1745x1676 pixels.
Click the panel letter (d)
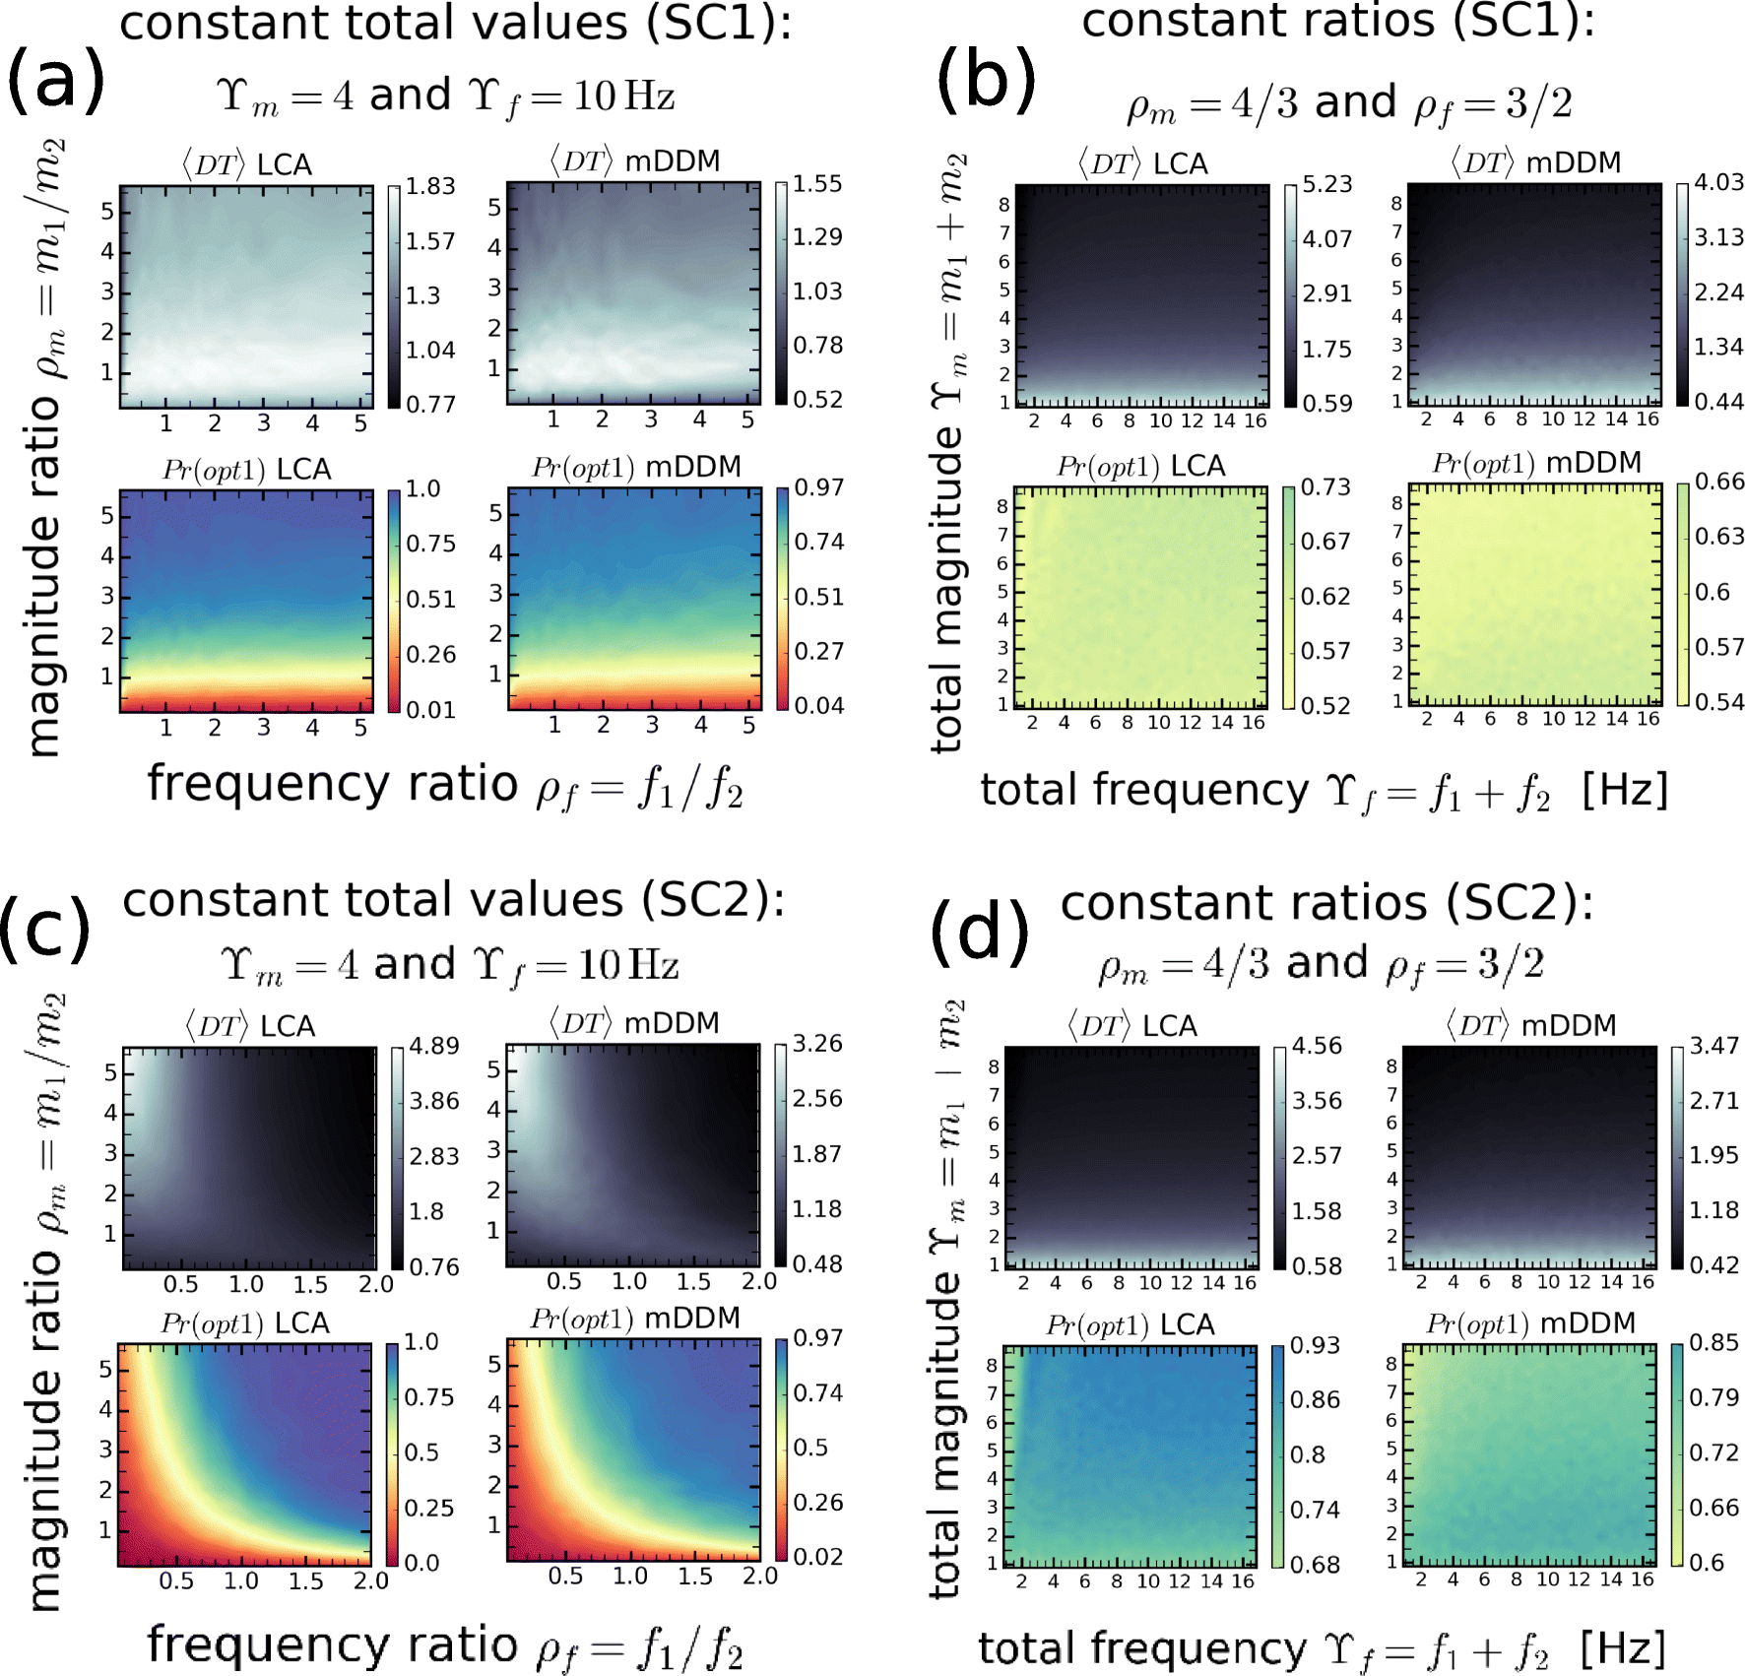979,932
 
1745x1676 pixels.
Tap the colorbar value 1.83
430,186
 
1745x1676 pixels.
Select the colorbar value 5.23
1326,184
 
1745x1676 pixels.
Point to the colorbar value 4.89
434,1046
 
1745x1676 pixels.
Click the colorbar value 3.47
1714,1046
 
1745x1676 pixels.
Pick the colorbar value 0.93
1315,1345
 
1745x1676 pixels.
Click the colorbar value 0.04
818,706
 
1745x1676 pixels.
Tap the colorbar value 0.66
1719,482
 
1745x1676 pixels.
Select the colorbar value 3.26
817,1044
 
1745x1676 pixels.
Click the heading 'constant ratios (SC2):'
1326,903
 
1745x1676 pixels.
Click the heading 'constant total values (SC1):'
455,23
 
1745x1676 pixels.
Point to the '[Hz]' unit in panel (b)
1624,790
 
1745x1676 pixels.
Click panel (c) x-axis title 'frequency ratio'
332,1644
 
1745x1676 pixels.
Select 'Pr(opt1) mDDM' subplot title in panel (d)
1530,1323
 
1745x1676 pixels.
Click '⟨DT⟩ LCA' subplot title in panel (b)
1142,163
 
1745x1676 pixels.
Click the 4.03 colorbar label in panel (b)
1718,182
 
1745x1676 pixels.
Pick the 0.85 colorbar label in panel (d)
1713,1343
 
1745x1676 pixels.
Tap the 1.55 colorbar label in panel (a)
817,184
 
